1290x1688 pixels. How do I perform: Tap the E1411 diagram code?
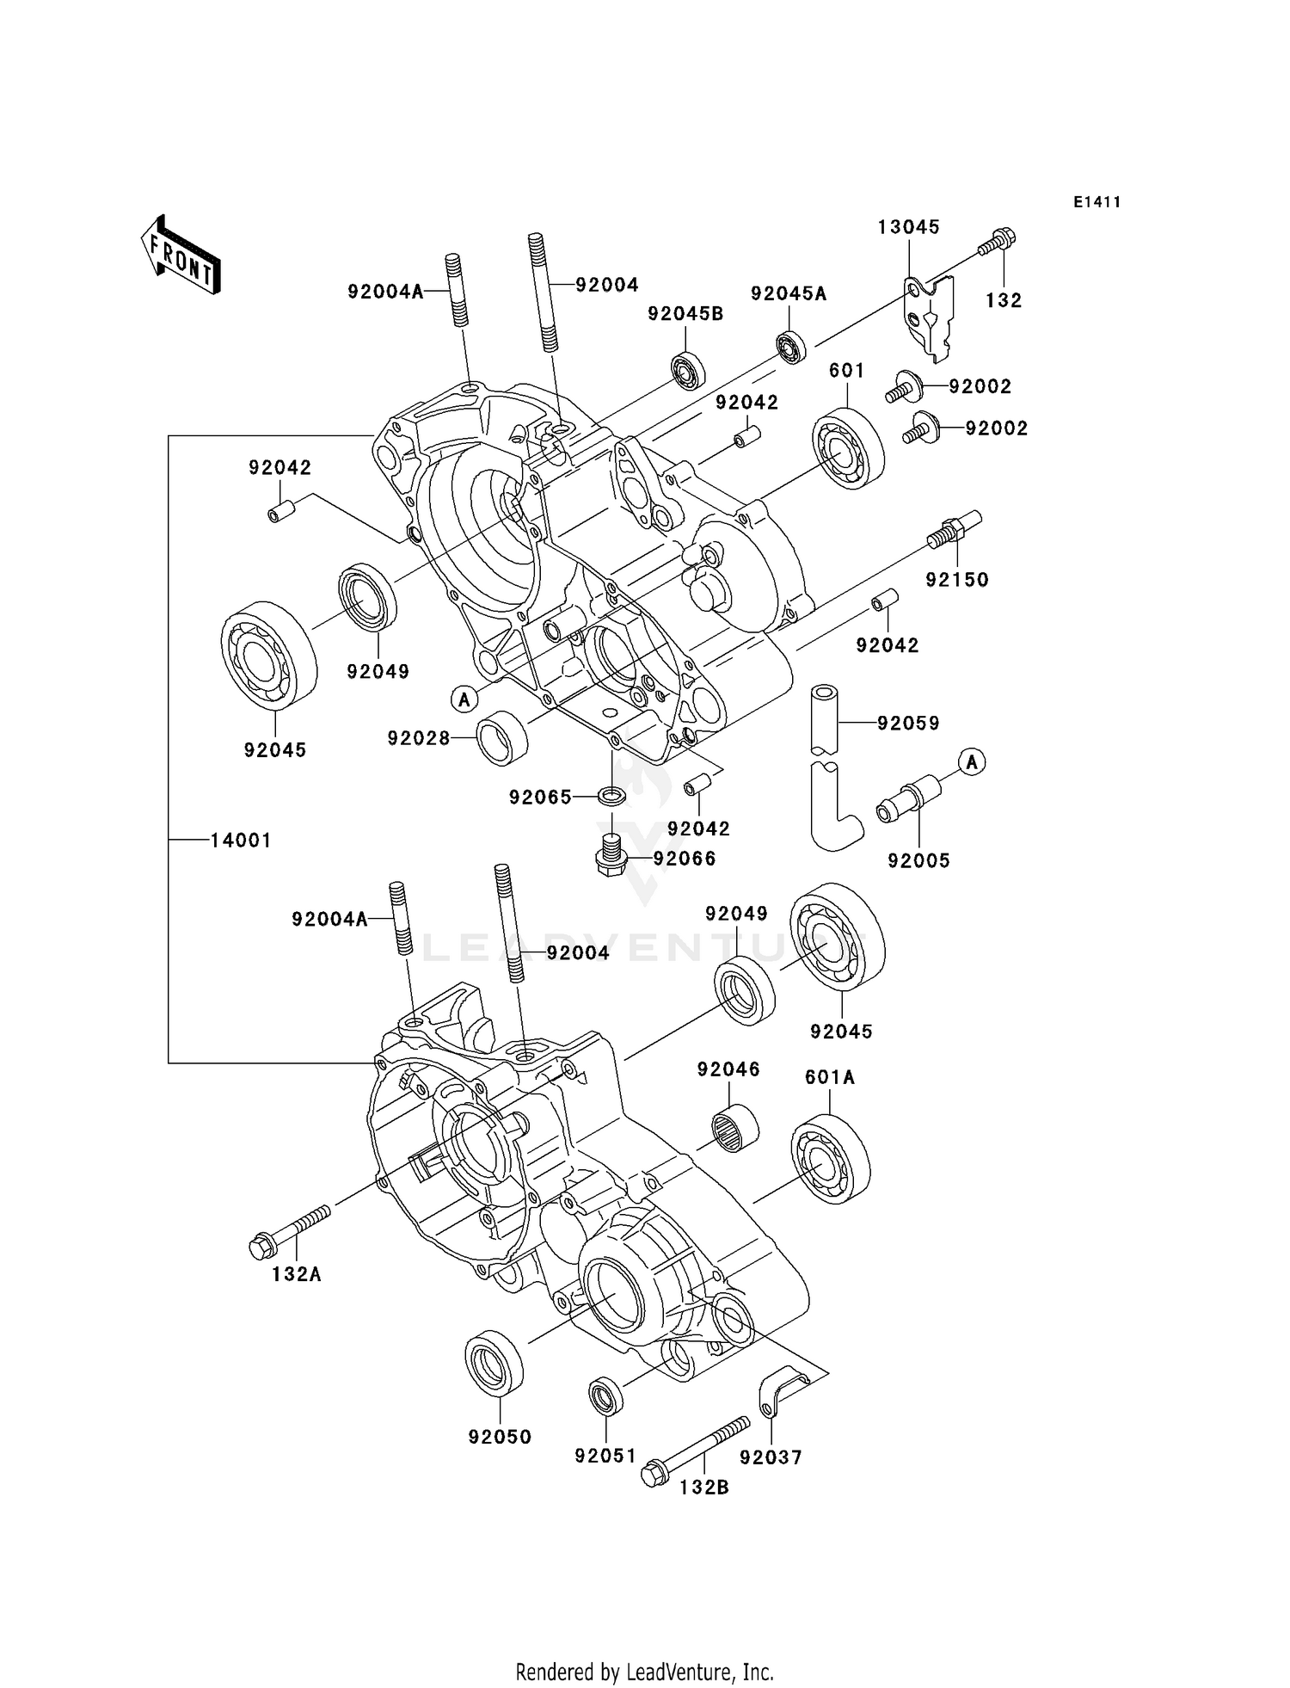tap(1096, 202)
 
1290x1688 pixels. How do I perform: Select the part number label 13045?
tap(908, 227)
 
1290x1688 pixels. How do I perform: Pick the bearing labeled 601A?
tap(830, 1158)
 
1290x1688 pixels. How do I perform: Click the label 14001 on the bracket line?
tap(241, 840)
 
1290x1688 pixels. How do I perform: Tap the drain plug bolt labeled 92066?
tap(611, 852)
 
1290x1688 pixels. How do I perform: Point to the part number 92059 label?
tap(908, 724)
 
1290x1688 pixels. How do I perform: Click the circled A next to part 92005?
tap(972, 761)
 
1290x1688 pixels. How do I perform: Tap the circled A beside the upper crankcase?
tap(464, 699)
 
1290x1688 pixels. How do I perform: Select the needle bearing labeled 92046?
tap(735, 1128)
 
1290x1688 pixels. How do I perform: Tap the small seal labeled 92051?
tap(606, 1395)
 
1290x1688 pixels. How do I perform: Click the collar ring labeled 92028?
tap(503, 737)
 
